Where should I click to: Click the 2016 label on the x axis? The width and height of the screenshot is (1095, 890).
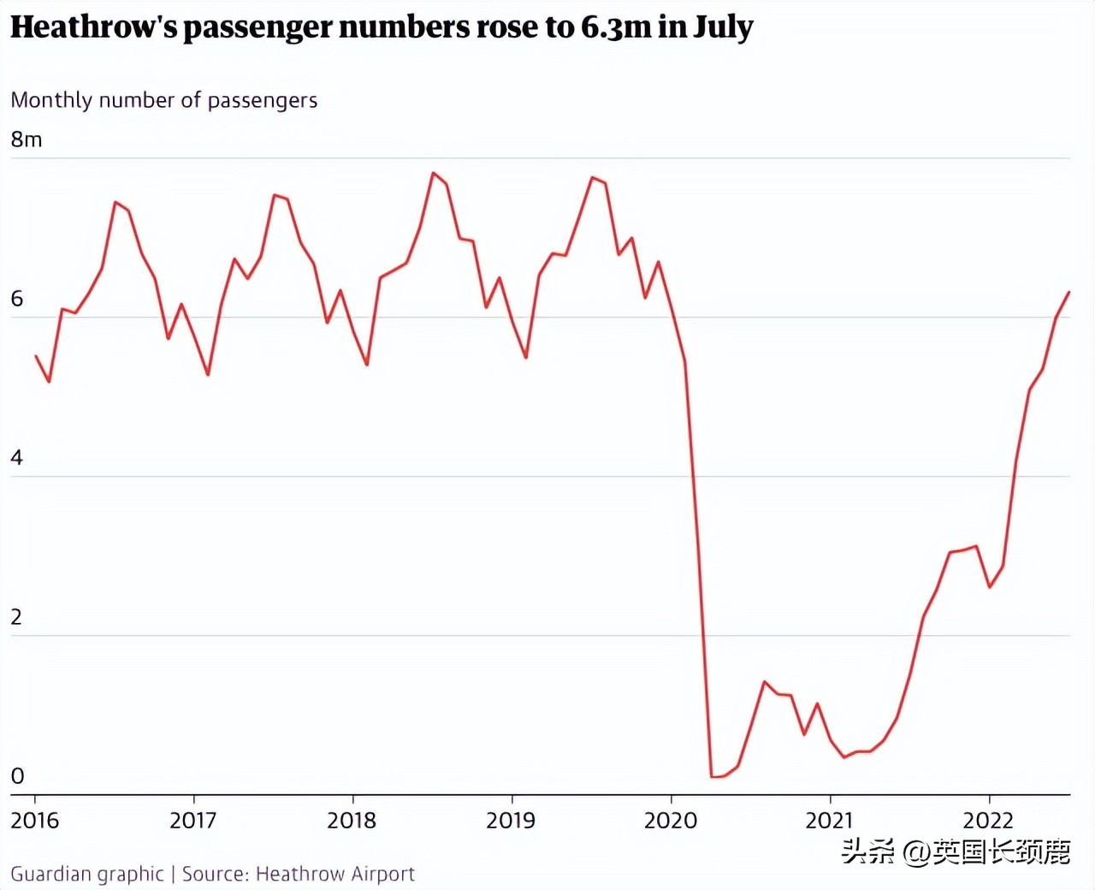35,821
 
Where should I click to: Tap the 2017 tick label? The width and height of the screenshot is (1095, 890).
193,821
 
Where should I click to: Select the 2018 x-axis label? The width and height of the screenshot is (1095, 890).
352,821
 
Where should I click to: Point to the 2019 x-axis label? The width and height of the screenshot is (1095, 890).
511,821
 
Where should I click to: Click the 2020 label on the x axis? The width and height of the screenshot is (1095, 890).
670,821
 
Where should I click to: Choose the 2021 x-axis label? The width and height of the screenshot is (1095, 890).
829,821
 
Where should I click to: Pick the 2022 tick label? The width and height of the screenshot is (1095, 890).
988,821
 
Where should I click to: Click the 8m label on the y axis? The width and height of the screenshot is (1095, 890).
26,139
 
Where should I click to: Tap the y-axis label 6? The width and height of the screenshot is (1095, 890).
17,300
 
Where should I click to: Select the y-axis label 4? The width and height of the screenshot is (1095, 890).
17,458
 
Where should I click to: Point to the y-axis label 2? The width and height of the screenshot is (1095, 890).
17,617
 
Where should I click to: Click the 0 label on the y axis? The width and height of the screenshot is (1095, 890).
17,776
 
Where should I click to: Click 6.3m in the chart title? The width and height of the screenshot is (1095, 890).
616,27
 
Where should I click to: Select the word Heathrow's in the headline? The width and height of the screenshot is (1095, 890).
94,27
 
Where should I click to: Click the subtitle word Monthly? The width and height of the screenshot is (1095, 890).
51,101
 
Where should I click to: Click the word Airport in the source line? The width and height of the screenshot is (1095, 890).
382,874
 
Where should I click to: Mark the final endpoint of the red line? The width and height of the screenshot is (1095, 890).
1069,293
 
